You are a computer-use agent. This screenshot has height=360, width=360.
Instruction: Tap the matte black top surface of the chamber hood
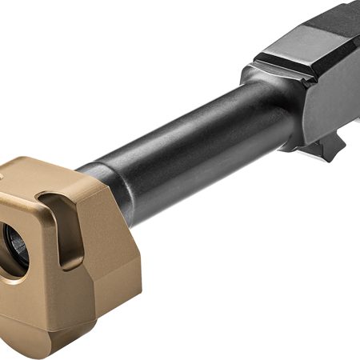click(x=320, y=28)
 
